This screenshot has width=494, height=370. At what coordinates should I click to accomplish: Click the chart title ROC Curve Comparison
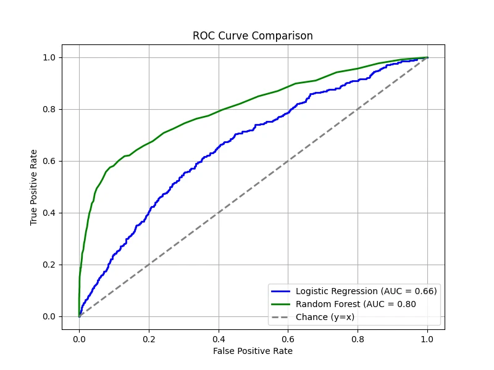(x=253, y=36)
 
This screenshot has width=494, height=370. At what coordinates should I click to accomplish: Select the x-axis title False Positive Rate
(x=253, y=351)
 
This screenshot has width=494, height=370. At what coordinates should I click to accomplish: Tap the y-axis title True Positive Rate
(x=34, y=187)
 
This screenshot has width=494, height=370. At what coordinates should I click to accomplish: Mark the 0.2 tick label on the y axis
(x=49, y=265)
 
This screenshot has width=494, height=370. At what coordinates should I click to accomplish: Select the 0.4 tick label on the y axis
(x=49, y=213)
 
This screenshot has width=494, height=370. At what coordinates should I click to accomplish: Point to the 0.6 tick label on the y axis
(x=49, y=161)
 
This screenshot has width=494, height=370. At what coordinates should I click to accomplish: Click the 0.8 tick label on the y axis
(x=49, y=109)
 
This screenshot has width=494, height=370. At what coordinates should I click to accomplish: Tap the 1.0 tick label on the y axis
(x=49, y=57)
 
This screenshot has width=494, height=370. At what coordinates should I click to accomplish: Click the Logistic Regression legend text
(x=366, y=291)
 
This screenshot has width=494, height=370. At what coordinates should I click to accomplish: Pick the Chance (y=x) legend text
(x=325, y=317)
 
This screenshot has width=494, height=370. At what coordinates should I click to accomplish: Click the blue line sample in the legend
(x=281, y=291)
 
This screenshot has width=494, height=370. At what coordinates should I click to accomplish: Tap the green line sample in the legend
(x=281, y=304)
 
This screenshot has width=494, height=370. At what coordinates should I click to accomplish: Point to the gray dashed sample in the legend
(x=281, y=317)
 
